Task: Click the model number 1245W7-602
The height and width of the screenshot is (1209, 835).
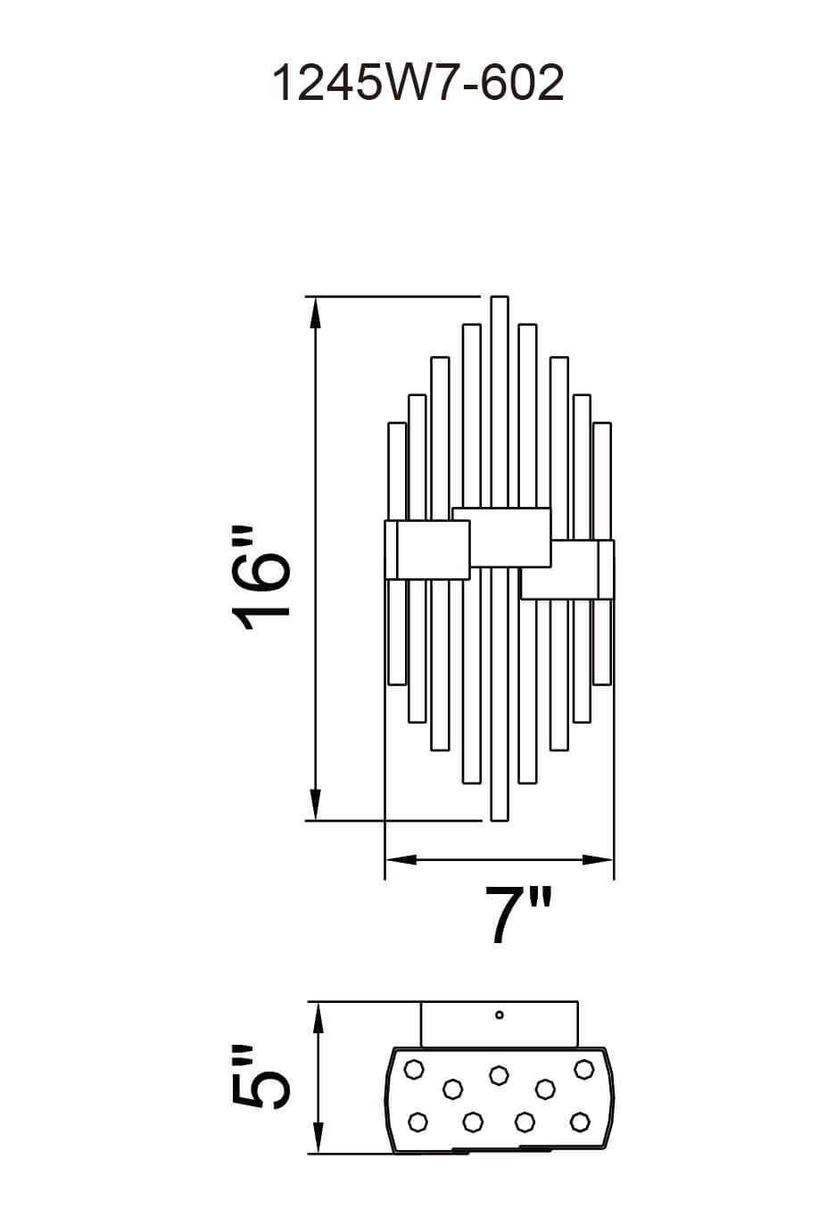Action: (x=417, y=83)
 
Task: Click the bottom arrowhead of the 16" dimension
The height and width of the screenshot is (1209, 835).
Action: (x=316, y=804)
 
